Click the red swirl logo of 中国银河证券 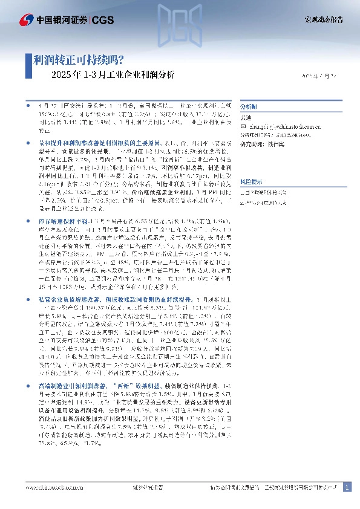[x=28, y=21]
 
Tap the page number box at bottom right [x=347, y=487]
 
